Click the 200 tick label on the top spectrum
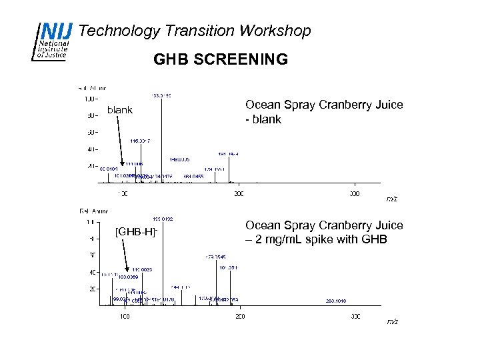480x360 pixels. [239, 193]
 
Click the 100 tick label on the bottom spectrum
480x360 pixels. [125, 316]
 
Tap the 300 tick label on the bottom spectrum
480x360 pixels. [355, 316]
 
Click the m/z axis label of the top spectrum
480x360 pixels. [392, 199]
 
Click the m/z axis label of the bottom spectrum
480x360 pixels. [392, 321]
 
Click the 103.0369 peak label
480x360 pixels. [128, 275]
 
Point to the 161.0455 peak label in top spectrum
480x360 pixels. [194, 176]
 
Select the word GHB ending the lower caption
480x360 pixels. [374, 239]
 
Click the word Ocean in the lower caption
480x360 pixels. [262, 225]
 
